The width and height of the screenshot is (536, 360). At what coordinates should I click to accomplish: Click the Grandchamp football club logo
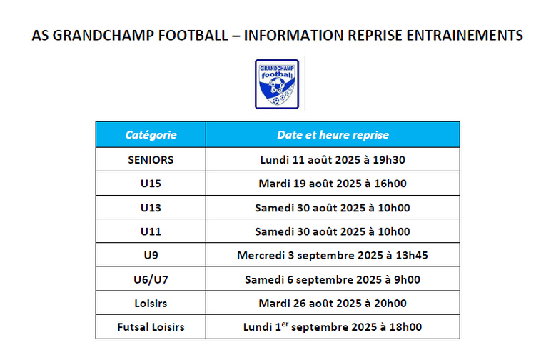click(276, 84)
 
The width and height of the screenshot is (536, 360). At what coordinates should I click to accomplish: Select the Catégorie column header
click(151, 135)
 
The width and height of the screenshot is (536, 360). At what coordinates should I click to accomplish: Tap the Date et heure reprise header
click(333, 135)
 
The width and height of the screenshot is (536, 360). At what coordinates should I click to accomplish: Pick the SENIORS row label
click(151, 159)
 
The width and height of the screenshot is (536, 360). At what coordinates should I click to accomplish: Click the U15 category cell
click(151, 184)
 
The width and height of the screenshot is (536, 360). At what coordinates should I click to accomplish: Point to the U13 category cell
click(151, 208)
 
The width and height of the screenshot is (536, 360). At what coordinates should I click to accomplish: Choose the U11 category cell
click(151, 231)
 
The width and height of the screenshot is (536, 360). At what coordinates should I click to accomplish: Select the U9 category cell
click(151, 255)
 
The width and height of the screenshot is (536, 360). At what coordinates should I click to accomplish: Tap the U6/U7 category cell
click(151, 279)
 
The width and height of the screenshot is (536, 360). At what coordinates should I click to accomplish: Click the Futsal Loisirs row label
click(151, 327)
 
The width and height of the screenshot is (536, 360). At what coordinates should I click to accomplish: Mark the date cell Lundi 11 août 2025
click(333, 159)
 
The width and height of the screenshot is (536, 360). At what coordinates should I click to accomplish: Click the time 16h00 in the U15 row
click(392, 184)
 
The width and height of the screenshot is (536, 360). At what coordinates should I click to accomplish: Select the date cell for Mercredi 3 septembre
click(333, 255)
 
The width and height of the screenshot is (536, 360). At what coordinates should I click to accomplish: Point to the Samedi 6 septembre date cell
click(333, 279)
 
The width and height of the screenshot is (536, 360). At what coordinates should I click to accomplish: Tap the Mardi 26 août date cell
click(333, 303)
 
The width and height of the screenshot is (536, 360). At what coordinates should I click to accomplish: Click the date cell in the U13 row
click(333, 208)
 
